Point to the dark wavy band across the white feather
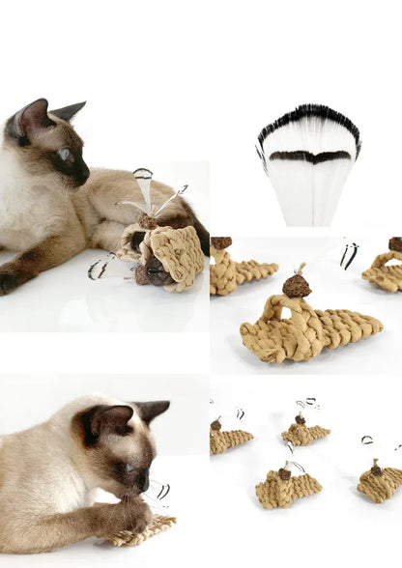point(309,156)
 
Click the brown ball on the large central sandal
point(297,285)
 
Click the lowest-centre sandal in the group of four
point(287,489)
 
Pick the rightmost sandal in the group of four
point(380,482)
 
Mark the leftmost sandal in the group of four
point(230,440)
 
